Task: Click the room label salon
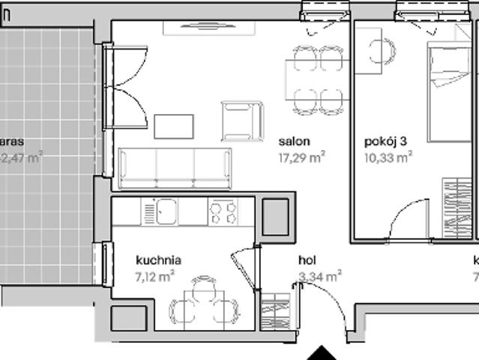coord(295,141)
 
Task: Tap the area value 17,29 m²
coord(302,157)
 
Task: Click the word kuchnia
coord(158,260)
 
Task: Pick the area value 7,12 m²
coord(155,275)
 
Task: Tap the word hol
coord(306,260)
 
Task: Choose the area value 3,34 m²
coord(320,276)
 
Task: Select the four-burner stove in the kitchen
coord(223,211)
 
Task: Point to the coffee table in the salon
coord(173,125)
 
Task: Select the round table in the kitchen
coord(203,303)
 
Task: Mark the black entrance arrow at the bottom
coord(322,352)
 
